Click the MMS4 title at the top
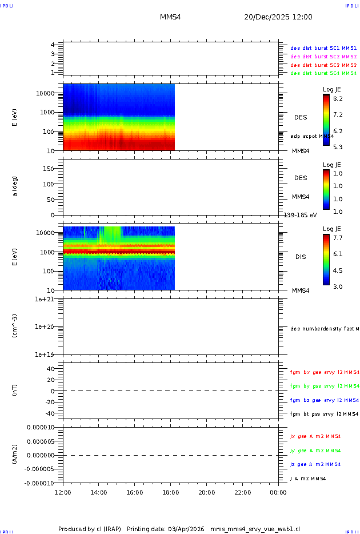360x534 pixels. coord(170,17)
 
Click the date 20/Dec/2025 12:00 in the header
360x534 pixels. coord(278,17)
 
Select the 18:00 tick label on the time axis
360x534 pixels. coord(170,492)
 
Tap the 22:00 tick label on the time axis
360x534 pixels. coord(242,492)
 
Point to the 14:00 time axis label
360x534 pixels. coord(99,492)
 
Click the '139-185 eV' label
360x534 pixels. coord(300,215)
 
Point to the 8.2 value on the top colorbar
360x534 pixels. coord(338,99)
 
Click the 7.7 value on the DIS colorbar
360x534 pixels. coord(338,237)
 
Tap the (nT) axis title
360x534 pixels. coord(15,391)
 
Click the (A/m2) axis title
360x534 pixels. coord(15,455)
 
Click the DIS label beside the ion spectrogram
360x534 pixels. coord(301,257)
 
